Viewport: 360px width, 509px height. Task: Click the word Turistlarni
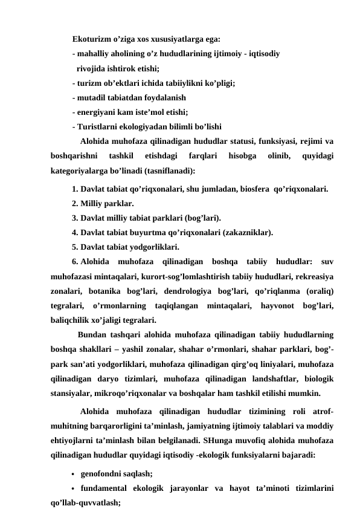click(x=95, y=126)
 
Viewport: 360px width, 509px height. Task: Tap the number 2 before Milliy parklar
click(x=74, y=203)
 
